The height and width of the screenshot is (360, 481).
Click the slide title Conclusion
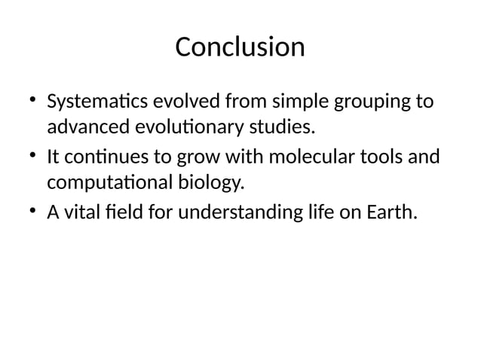[240, 47]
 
